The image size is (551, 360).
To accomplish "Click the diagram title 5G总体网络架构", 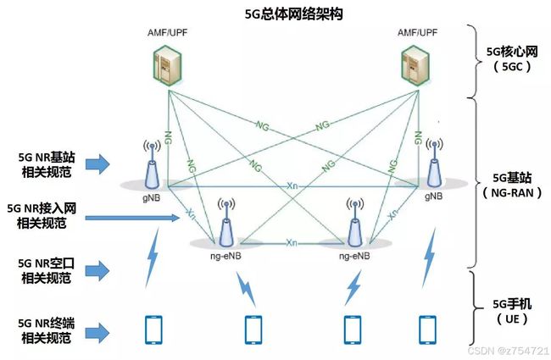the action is click(293, 14).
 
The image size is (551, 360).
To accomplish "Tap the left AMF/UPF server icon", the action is click(168, 66).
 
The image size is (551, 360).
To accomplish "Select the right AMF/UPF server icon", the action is click(415, 66).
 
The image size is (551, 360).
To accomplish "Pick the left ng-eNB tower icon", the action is click(226, 223).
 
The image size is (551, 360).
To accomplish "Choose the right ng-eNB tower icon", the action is click(355, 223).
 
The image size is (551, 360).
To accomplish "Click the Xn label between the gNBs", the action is click(292, 186).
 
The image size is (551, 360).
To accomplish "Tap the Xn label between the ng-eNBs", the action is click(292, 243).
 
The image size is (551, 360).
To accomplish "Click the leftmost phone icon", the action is click(154, 330).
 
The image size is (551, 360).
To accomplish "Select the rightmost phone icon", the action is click(427, 330).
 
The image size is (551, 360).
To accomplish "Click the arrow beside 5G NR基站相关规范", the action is click(97, 164).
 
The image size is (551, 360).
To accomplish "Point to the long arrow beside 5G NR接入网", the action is click(132, 218).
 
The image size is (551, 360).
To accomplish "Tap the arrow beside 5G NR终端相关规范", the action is click(97, 333).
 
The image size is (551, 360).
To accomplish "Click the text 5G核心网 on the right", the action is click(512, 52).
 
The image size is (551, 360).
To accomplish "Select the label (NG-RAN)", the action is click(512, 193).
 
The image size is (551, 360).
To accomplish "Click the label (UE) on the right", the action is click(512, 318).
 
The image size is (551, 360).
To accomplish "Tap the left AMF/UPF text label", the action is click(168, 33).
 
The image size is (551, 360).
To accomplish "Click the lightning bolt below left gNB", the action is click(153, 258).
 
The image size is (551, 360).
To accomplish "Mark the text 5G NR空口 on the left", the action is click(46, 263).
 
